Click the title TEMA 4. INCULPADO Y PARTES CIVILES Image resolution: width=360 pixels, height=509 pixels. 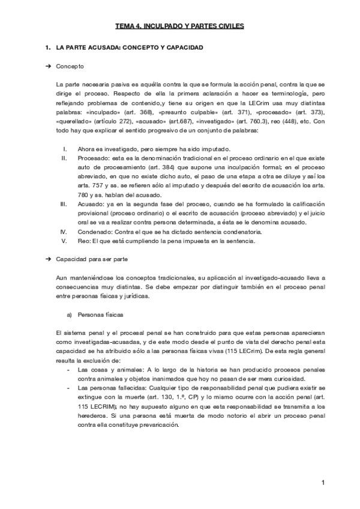click(180, 26)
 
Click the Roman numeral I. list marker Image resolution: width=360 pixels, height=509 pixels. click(65, 149)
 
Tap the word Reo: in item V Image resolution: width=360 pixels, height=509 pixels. click(84, 241)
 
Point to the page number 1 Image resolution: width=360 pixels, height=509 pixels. click(322, 482)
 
